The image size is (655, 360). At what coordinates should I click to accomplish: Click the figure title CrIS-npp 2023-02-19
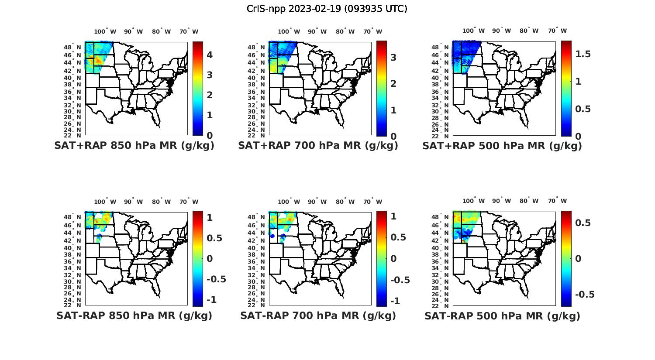click(327, 9)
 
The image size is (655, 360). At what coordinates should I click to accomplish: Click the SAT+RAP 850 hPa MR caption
click(134, 146)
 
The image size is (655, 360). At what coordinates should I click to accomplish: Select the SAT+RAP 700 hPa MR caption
click(318, 146)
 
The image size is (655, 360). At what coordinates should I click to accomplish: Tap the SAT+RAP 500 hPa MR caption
click(502, 146)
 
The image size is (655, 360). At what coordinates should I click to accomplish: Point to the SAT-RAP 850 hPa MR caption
click(134, 315)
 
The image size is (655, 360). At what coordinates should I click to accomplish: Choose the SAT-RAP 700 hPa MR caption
click(318, 315)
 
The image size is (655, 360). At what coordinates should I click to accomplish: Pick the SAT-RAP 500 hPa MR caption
click(502, 316)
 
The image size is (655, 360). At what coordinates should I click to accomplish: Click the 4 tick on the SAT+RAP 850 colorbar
click(210, 55)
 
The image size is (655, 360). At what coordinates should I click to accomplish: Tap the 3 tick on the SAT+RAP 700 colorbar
click(393, 57)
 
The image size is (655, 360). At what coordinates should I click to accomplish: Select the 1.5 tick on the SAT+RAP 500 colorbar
click(583, 54)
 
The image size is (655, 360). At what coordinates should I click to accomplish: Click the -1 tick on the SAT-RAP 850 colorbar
click(211, 300)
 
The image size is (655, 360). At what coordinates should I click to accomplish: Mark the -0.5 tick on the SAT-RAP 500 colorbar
click(585, 295)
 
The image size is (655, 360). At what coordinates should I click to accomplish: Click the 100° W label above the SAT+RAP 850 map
click(105, 31)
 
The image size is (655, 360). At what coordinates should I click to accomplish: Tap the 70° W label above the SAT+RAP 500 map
click(557, 31)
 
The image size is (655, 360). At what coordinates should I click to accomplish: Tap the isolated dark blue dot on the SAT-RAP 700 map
click(272, 236)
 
